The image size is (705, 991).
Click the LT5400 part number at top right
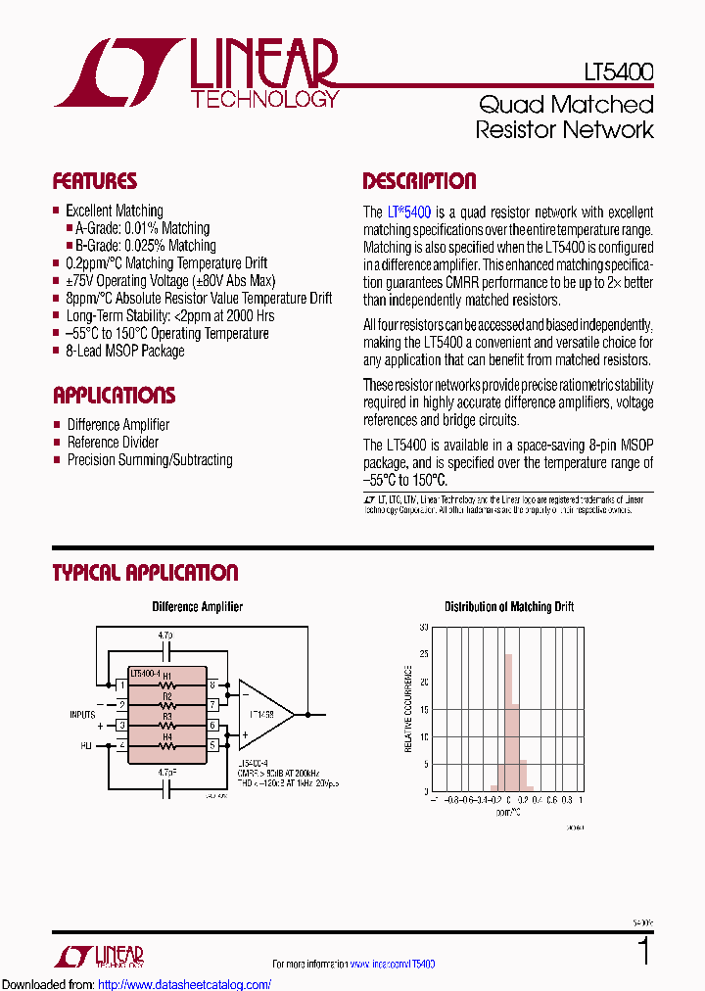click(619, 72)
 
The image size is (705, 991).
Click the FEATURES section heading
click(95, 181)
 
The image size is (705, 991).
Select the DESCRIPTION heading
click(419, 181)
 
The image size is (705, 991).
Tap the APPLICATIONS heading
click(114, 396)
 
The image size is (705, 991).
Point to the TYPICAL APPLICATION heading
click(145, 573)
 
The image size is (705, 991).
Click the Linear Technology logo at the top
click(196, 72)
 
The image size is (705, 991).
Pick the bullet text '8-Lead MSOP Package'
click(124, 351)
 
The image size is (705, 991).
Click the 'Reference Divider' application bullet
click(113, 442)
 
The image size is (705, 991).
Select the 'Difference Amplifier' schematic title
click(197, 607)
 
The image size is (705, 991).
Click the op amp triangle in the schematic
click(262, 713)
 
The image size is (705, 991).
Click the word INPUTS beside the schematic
click(82, 714)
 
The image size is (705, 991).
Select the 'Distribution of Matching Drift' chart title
click(509, 607)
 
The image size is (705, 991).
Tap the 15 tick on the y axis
click(424, 735)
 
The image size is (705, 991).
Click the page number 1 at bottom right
click(643, 952)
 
